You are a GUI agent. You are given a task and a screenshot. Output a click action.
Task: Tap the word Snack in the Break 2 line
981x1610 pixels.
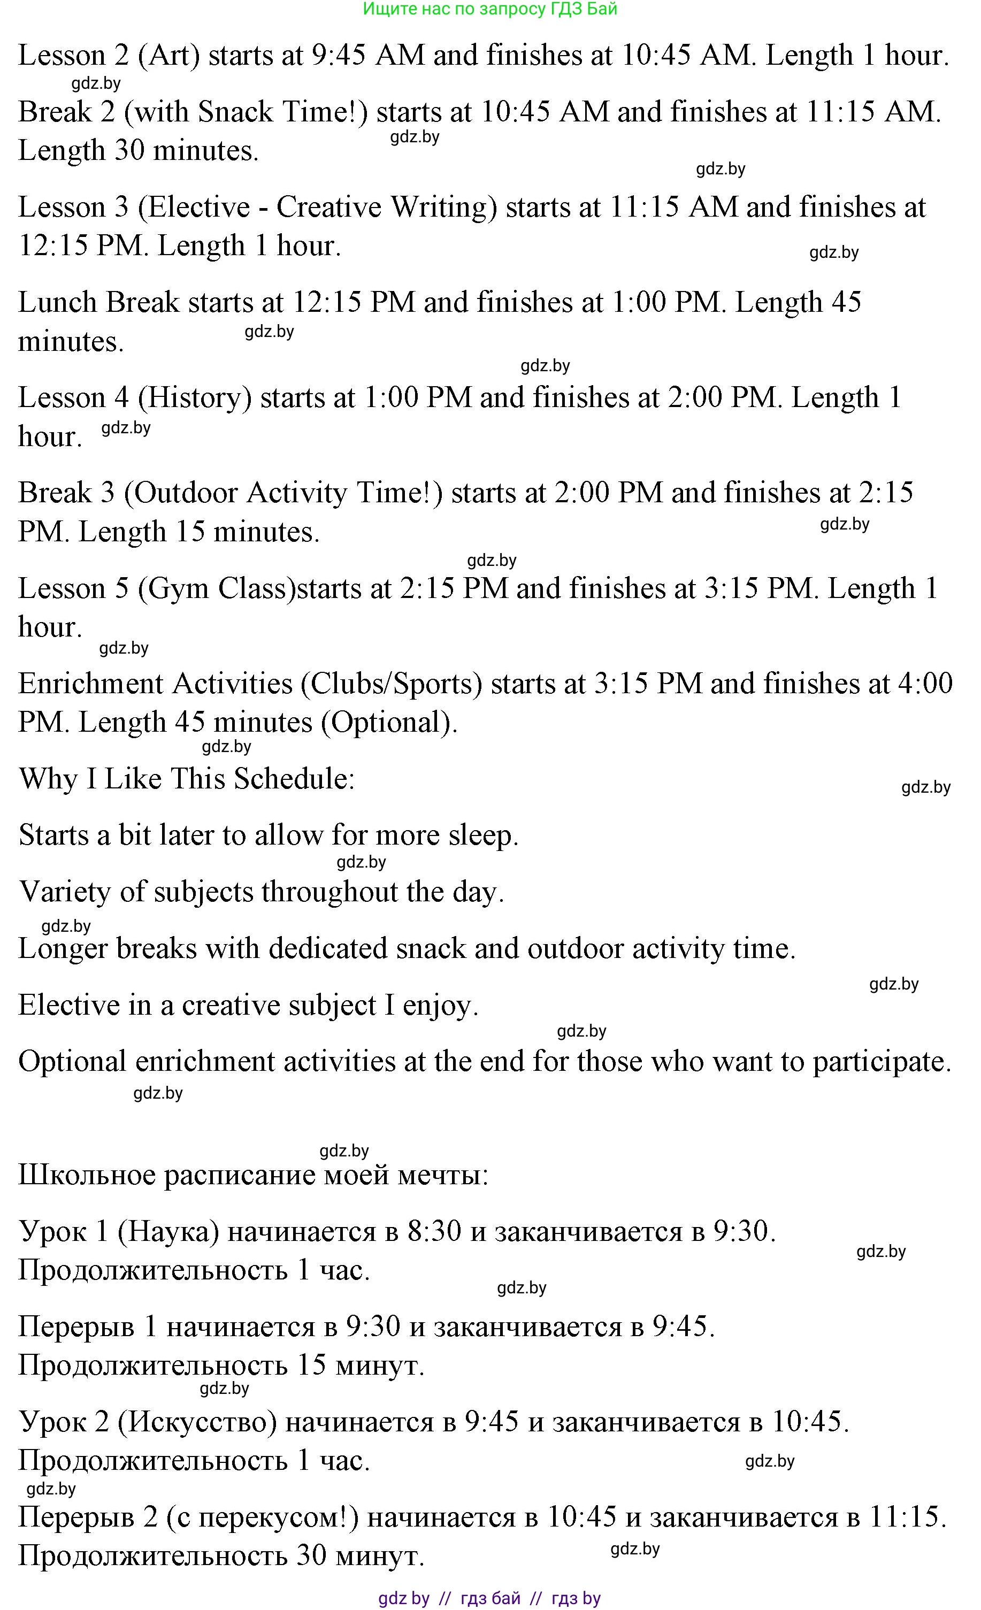click(235, 112)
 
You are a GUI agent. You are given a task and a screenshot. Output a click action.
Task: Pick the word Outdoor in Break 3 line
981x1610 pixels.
click(180, 493)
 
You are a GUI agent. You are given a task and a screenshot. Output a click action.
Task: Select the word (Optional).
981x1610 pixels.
click(389, 723)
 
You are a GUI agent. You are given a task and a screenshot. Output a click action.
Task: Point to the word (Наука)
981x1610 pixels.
click(168, 1232)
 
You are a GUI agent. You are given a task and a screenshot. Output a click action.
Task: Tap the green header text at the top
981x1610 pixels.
click(489, 9)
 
